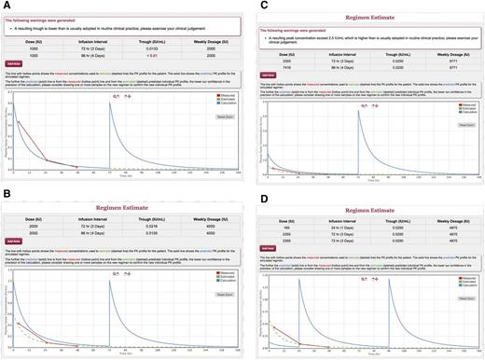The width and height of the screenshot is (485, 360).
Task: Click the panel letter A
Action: [7, 6]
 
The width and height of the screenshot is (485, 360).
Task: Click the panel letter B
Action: [7, 190]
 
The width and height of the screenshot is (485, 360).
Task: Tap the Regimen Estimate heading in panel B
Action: [123, 198]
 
